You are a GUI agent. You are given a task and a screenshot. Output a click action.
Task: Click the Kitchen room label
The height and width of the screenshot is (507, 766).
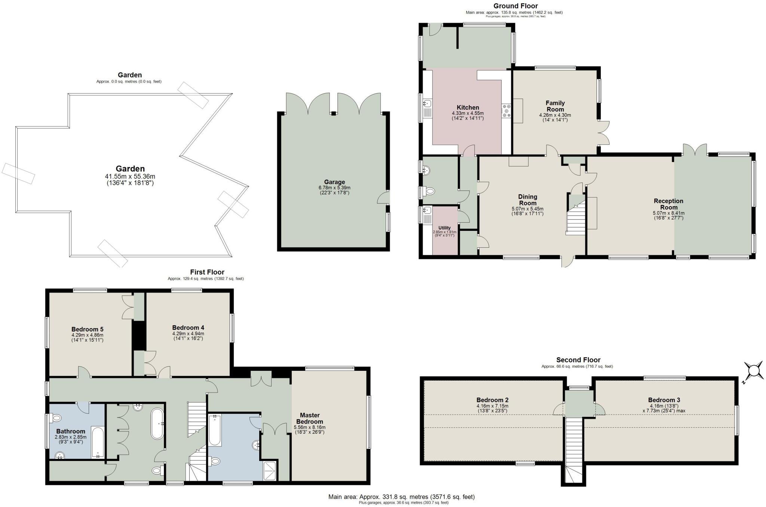468,107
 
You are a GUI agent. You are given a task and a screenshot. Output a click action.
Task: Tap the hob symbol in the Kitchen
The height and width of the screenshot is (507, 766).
507,111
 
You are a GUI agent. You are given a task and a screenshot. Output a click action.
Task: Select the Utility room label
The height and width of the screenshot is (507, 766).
444,227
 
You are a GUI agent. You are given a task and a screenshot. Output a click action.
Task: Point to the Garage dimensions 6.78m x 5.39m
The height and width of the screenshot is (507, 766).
334,187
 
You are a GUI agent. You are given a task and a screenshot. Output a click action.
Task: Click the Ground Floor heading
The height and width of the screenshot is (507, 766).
515,6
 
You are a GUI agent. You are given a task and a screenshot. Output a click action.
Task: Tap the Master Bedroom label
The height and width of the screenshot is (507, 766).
310,418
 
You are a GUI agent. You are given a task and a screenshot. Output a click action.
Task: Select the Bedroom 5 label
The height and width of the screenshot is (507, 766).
87,329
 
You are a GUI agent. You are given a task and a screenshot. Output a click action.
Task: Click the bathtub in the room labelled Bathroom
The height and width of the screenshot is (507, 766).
97,442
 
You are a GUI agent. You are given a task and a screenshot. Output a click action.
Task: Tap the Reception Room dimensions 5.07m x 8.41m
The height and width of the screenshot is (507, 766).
668,213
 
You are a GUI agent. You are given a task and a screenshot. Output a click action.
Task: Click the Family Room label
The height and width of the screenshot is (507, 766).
555,106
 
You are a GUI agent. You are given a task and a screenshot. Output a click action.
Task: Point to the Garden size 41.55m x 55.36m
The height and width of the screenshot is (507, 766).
130,176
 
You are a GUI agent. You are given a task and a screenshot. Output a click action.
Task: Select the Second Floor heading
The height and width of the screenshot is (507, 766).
578,360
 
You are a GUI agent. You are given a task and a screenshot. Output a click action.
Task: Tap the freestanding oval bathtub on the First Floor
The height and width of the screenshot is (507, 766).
157,424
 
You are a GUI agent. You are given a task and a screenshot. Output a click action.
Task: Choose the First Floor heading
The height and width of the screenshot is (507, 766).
207,272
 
